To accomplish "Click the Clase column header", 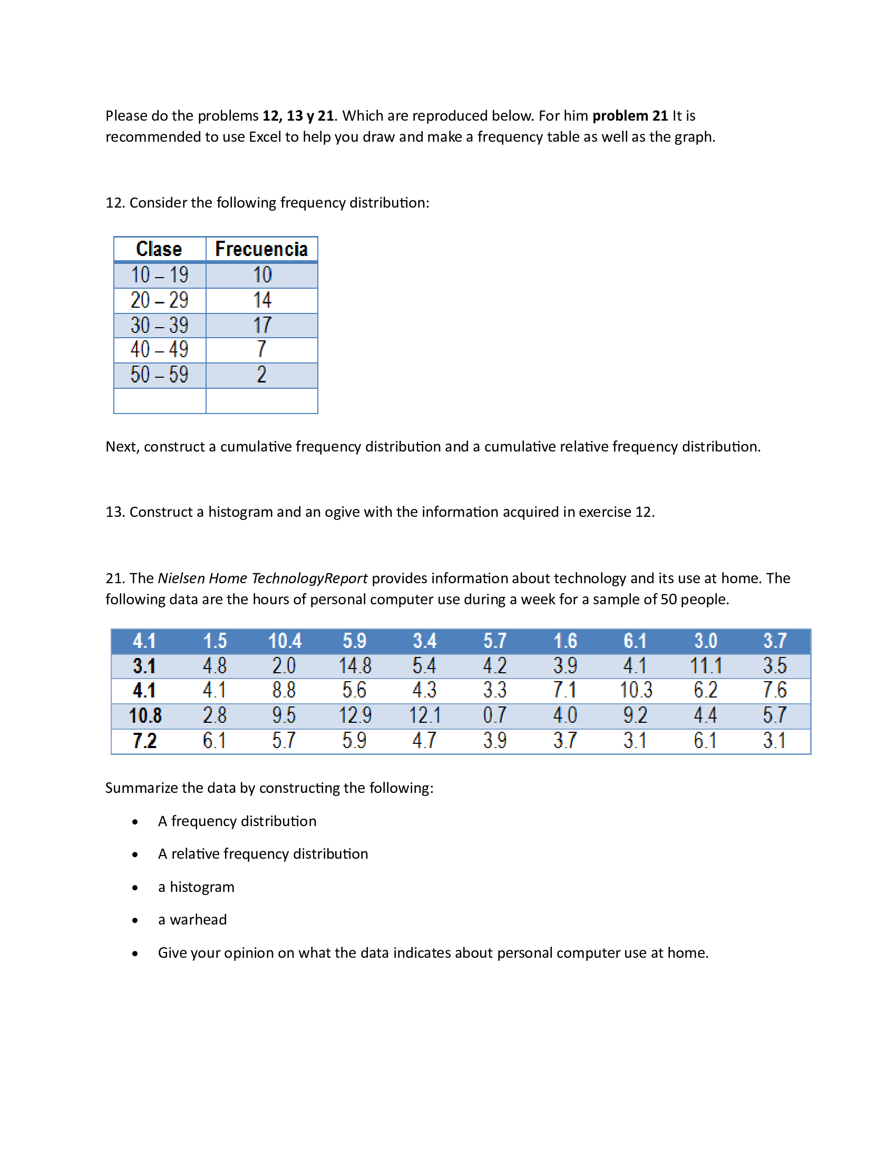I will pos(159,249).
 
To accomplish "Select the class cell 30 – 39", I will pos(159,325).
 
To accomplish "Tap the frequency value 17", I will pos(262,325).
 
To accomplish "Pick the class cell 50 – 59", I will pos(159,375).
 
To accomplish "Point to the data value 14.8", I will pos(355,665).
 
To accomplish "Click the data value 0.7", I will pos(494,715).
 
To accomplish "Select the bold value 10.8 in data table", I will pos(145,715).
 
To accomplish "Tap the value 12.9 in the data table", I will pos(355,715).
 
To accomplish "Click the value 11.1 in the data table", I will pos(705,665).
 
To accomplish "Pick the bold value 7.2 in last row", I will pos(144,740).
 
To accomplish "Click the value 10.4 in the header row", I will pos(285,641).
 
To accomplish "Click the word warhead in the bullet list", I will pos(198,920).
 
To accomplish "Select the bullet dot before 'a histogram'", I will pos(135,888).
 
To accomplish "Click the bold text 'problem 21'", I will pos(629,116).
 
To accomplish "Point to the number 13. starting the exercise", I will pos(115,512).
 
